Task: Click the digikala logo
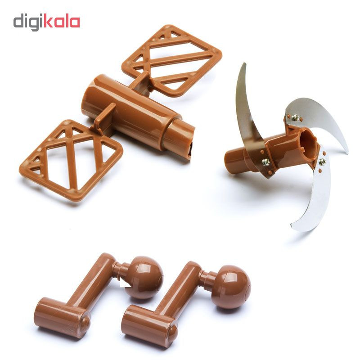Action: click(47, 22)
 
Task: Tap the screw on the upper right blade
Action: click(295, 117)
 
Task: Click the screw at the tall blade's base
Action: click(265, 162)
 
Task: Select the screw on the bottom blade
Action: click(322, 162)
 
